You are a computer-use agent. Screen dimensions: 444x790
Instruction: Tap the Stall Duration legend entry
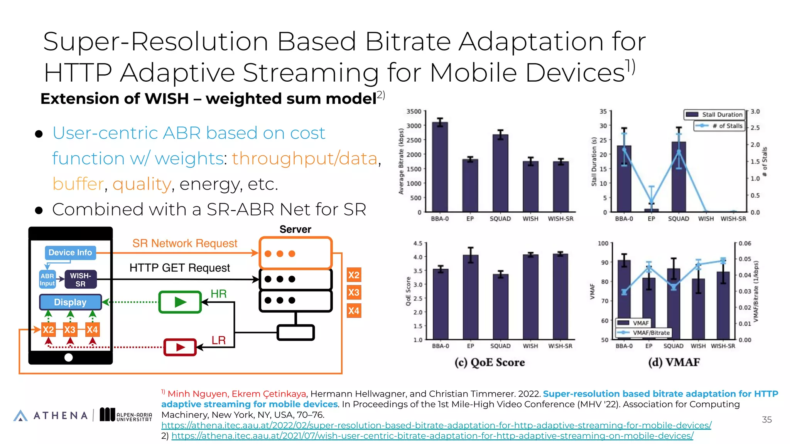point(714,114)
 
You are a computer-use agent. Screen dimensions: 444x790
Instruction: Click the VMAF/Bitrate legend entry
point(645,333)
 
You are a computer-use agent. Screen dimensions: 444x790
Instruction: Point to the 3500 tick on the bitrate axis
point(414,111)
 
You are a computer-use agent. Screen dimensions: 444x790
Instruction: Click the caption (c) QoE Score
point(490,362)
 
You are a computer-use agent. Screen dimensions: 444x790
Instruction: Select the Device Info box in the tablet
point(70,252)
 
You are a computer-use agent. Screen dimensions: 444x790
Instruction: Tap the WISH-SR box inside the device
point(81,279)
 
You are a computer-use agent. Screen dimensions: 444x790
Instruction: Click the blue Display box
point(70,302)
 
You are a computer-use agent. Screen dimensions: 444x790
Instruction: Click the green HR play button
point(180,302)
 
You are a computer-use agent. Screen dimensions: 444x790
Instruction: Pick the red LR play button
point(180,347)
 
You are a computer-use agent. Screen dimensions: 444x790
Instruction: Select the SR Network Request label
point(185,243)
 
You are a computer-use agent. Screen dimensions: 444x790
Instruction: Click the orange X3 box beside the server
point(354,293)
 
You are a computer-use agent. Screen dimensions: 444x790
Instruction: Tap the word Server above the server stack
point(295,229)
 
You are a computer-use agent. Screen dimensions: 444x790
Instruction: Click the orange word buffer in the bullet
point(78,184)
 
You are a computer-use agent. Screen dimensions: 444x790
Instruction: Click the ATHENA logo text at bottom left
point(61,415)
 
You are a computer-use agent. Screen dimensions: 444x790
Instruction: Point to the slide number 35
point(766,420)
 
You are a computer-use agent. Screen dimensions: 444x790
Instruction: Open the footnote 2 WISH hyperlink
point(432,436)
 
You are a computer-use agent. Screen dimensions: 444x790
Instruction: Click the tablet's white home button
point(69,357)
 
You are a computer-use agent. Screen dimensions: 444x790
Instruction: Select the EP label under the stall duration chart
point(651,219)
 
